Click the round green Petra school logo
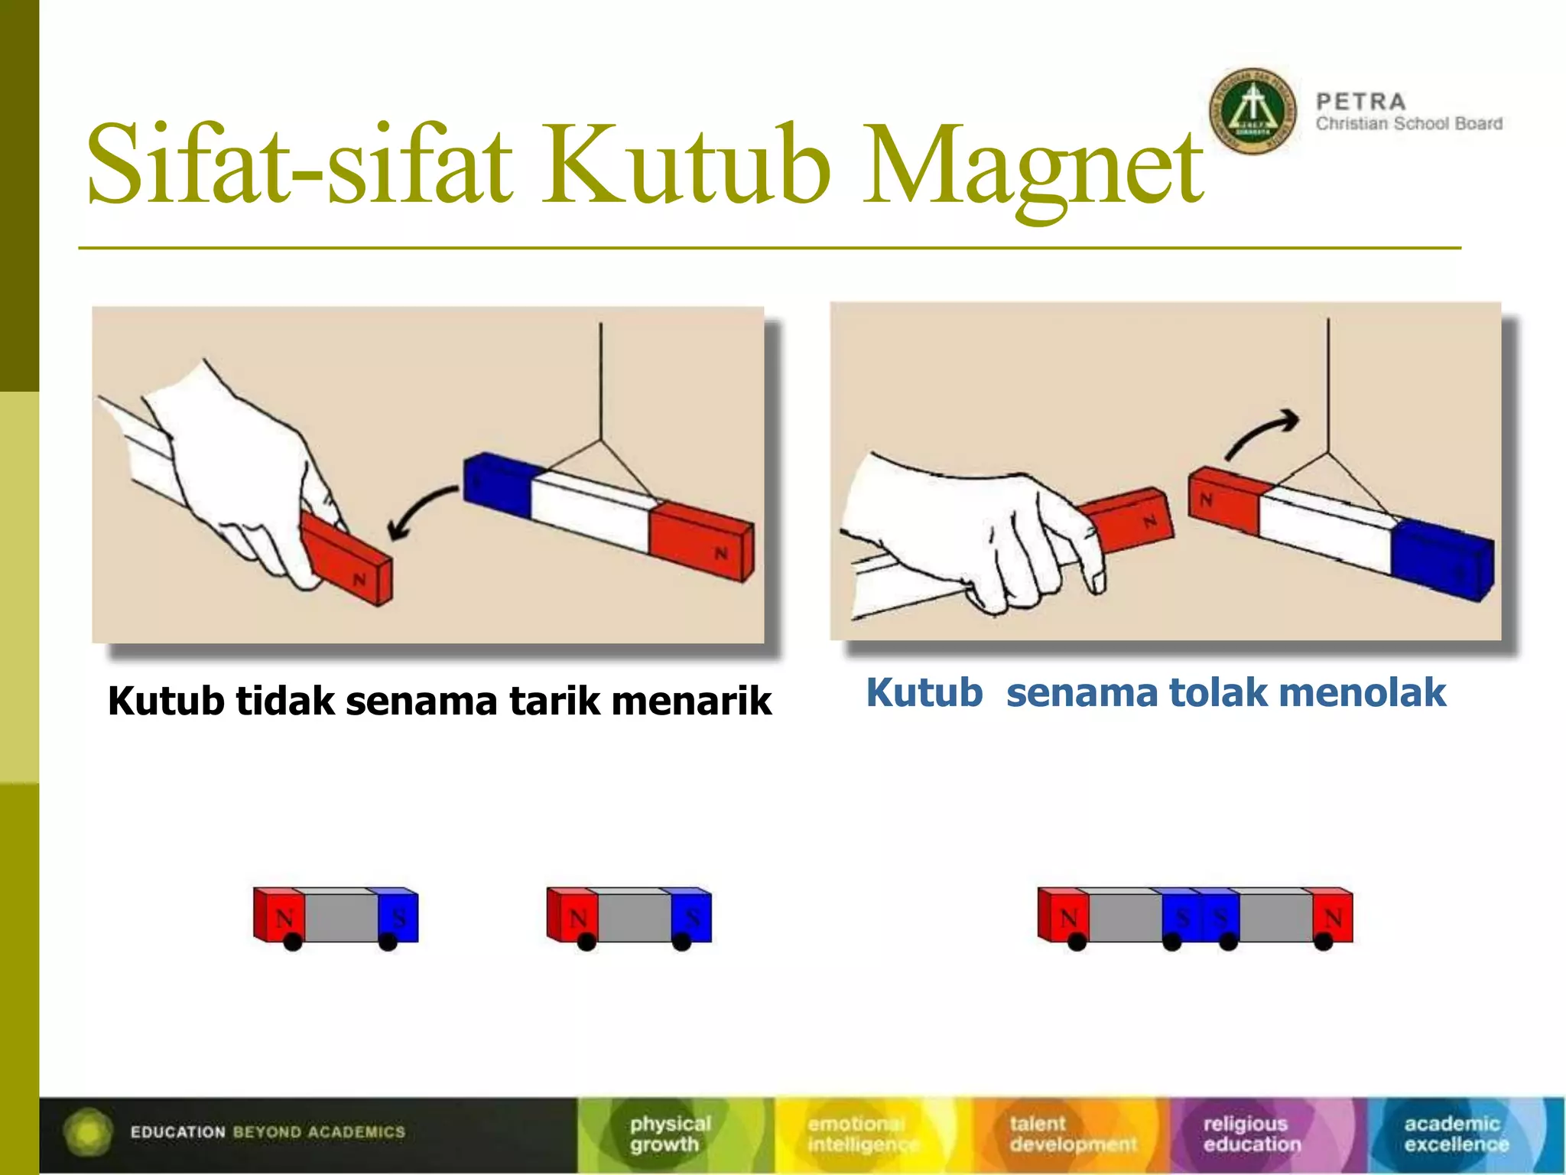pyautogui.click(x=1252, y=112)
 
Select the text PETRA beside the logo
pyautogui.click(x=1361, y=102)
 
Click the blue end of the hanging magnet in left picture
pyautogui.click(x=497, y=484)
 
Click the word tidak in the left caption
pyautogui.click(x=284, y=701)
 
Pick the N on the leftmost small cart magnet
pyautogui.click(x=284, y=916)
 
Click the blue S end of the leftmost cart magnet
pyautogui.click(x=398, y=916)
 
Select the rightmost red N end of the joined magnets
pyautogui.click(x=1332, y=916)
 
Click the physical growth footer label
pyautogui.click(x=670, y=1134)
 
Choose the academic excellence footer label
pyautogui.click(x=1455, y=1134)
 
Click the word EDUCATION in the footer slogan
pyautogui.click(x=177, y=1132)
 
